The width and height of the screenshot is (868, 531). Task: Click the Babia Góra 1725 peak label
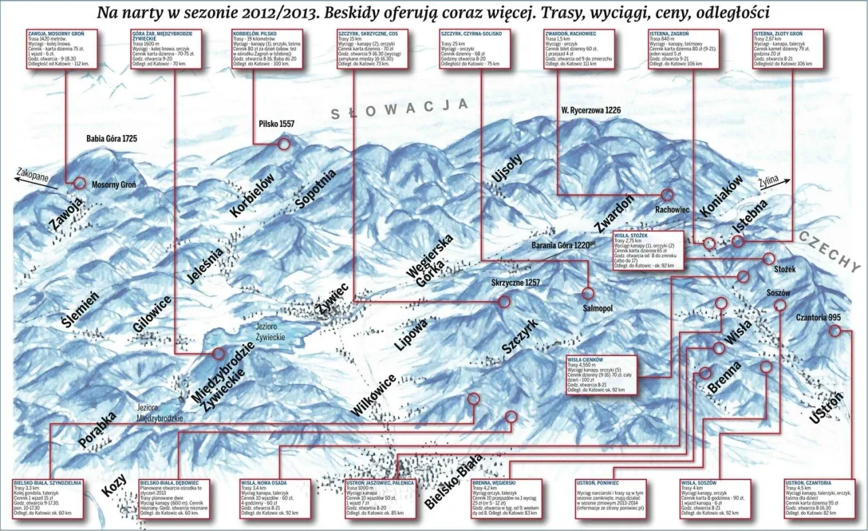click(112, 138)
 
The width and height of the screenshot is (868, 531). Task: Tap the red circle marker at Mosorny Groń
click(80, 182)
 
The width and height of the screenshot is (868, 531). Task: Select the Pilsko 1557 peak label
click(277, 123)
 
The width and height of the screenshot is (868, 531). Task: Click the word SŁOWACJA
click(399, 108)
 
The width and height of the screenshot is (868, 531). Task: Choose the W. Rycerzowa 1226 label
click(591, 110)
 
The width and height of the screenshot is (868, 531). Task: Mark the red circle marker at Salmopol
click(587, 293)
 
